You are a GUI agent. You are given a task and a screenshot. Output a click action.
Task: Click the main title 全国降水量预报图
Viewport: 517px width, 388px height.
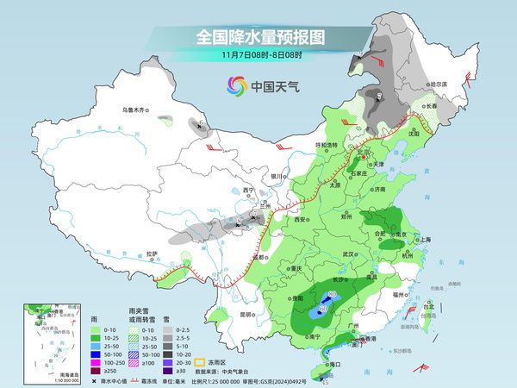coord(258,37)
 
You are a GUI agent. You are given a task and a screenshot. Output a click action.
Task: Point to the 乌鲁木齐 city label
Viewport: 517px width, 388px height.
coord(135,110)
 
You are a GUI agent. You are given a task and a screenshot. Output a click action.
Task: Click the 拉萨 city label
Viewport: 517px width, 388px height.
coord(153,253)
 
